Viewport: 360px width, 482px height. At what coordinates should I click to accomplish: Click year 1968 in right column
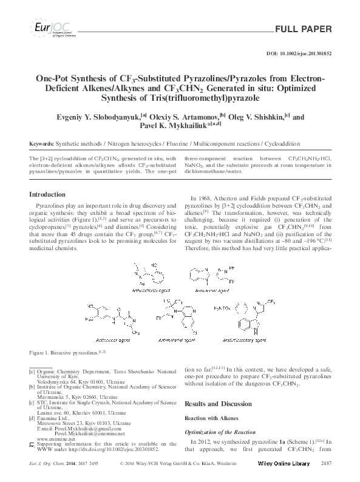tap(206, 199)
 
